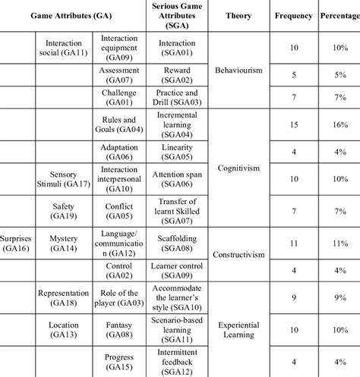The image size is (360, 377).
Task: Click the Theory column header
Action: tap(238, 15)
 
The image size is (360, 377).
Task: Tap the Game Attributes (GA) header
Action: tap(71, 15)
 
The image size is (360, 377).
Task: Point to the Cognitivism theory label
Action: tap(238, 168)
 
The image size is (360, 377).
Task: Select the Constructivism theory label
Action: tap(238, 256)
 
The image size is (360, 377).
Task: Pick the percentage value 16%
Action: tap(339, 124)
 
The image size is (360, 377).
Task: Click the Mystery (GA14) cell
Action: tap(63, 242)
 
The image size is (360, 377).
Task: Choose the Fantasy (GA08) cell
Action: tap(119, 329)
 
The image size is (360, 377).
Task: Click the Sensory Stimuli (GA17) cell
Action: tap(63, 178)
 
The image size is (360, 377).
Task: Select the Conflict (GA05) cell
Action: tap(119, 210)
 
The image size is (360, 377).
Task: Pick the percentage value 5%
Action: tap(339, 75)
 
